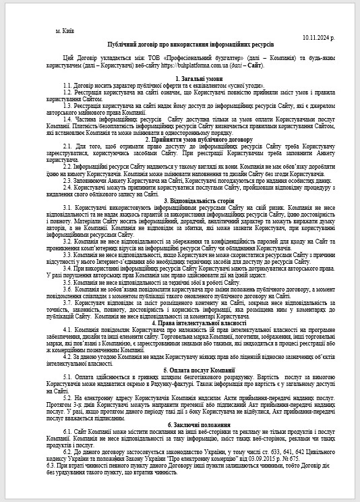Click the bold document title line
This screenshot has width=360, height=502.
[x=180, y=43]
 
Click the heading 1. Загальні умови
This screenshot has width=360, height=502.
[x=180, y=78]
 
